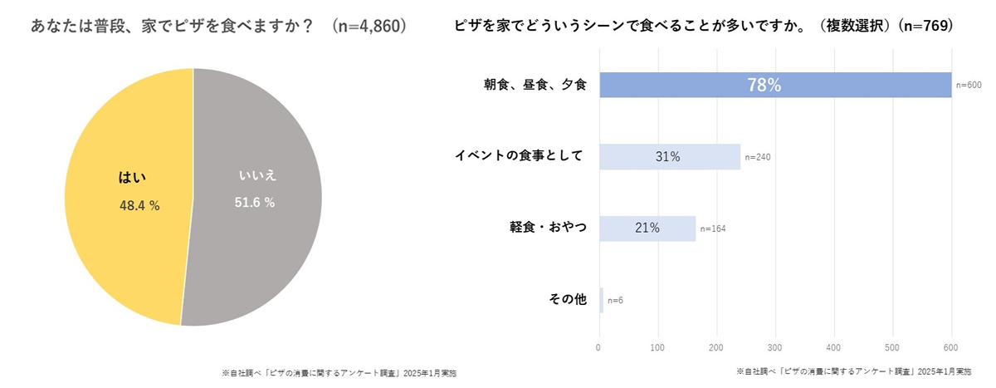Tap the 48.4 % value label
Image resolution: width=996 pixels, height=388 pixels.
[139, 205]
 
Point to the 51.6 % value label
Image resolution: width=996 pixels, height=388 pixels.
[254, 203]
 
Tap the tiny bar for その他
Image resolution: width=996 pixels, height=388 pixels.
[601, 300]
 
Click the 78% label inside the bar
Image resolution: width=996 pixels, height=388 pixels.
[764, 85]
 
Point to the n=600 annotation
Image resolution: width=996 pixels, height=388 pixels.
[969, 85]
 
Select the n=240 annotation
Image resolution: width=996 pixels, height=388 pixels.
[758, 157]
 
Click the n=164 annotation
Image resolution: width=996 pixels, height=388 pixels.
[713, 228]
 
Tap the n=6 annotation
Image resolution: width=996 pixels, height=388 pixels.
[615, 300]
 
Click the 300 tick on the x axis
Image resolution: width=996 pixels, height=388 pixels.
[775, 347]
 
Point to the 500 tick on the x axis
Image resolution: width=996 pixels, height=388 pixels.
[893, 347]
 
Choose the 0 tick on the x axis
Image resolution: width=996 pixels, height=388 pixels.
[599, 347]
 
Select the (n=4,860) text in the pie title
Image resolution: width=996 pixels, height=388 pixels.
[369, 26]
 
